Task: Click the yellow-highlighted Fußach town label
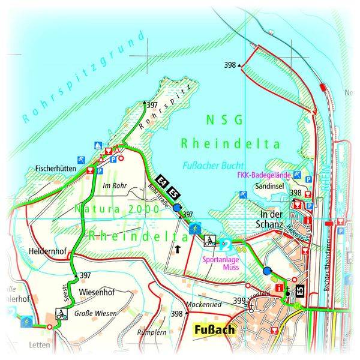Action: tap(214, 329)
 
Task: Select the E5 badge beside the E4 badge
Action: tap(172, 193)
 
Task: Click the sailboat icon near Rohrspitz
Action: tap(97, 145)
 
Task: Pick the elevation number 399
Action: tap(239, 301)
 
